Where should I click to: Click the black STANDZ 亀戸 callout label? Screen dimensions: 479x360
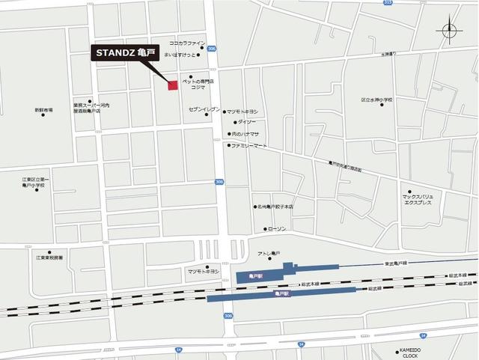coord(124,53)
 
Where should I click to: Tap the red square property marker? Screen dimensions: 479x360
coord(173,85)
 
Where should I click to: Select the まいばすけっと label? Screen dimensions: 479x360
coord(184,55)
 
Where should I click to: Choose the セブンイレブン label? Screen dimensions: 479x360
coord(204,109)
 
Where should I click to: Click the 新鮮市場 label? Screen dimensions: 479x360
coord(43,110)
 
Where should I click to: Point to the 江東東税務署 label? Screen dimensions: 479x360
coord(49,257)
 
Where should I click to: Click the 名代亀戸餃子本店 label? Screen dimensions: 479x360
coord(275,207)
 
